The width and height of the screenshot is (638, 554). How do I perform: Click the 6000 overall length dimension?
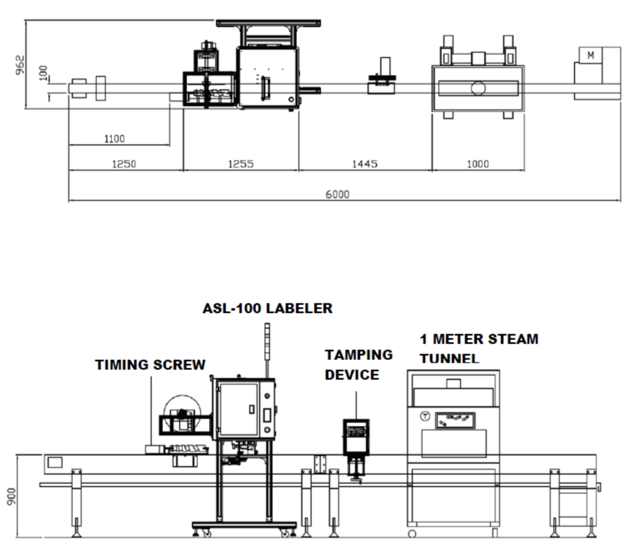(337, 194)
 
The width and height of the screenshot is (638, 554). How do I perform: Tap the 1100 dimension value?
(114, 139)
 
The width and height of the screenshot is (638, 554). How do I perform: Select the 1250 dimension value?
(124, 164)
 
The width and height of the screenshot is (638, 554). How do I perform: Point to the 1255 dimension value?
(241, 164)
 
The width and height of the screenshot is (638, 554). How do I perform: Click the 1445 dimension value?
(365, 164)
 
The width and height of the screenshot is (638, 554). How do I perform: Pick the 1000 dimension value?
(477, 164)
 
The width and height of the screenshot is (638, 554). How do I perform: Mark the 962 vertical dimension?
(20, 65)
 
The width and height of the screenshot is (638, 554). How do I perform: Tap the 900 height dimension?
(11, 496)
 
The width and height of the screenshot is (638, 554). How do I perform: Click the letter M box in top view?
(590, 55)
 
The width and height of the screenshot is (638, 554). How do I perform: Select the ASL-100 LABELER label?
(267, 308)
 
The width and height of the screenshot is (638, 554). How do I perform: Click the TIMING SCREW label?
(150, 365)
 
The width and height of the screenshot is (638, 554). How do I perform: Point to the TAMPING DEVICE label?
(358, 365)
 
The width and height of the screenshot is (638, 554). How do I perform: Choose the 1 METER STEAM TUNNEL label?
(478, 349)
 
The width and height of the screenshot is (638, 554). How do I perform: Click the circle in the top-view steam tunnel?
(478, 88)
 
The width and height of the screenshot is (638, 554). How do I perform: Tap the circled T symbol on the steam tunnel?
(425, 416)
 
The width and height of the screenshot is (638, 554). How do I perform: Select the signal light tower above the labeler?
(267, 341)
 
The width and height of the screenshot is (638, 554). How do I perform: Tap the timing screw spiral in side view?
(188, 449)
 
